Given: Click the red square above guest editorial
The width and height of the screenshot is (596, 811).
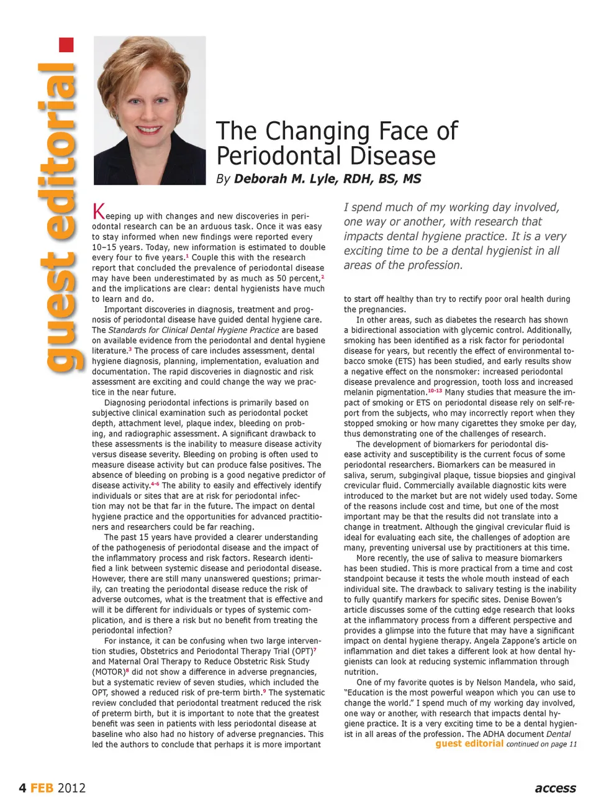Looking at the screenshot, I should pos(66,45).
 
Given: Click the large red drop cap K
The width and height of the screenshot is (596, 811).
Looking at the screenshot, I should pos(98,211).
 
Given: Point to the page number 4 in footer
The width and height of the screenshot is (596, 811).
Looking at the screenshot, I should pos(22,788).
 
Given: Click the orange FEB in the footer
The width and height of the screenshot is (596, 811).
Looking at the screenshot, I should pos(42,788).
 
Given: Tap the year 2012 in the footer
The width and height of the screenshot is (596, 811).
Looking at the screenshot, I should pos(71,788).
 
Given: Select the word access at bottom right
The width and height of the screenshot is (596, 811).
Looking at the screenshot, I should pos(555,788).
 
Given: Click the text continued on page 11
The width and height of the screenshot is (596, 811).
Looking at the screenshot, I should pos(541,744).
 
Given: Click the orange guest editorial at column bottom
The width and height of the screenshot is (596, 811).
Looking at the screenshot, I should pos(469,743).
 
